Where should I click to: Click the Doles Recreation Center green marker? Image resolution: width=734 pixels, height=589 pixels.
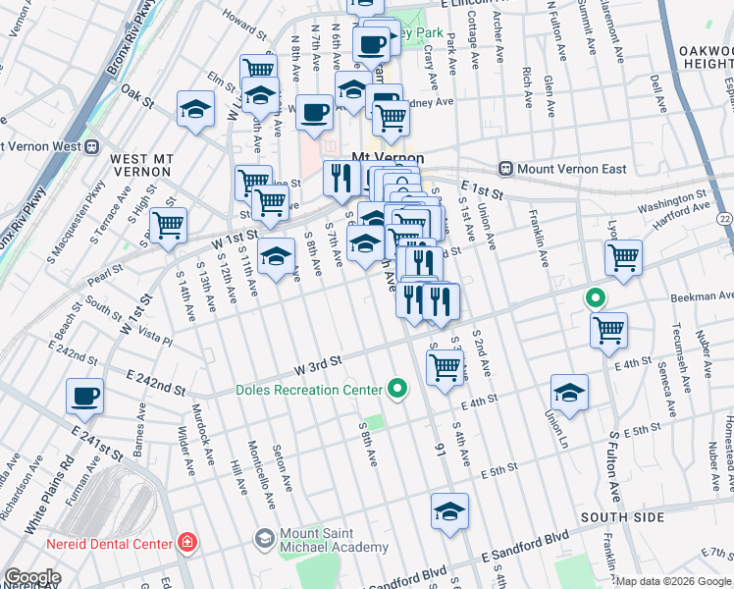397,390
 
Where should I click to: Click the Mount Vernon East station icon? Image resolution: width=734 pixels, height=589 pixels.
506,169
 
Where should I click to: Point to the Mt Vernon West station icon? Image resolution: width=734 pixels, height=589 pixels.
91,147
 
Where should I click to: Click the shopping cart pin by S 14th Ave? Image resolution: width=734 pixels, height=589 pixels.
168,225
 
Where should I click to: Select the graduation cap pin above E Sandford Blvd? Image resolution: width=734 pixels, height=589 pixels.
449,510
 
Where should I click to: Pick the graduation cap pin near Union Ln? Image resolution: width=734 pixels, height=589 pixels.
569,392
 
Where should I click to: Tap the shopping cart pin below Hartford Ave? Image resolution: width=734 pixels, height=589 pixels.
623,258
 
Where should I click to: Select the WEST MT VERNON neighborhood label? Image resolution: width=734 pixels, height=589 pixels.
142,165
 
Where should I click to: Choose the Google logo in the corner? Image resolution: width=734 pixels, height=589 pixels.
32,577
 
